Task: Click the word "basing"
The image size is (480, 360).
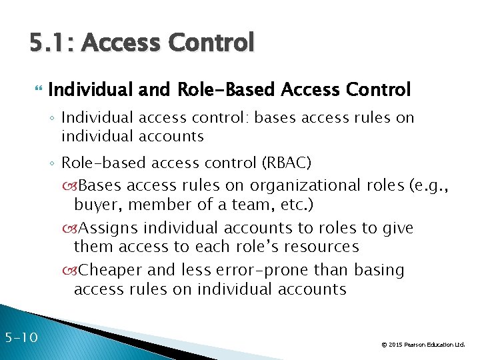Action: point(381,270)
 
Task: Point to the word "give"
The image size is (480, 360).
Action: point(397,228)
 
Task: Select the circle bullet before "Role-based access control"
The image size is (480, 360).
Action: point(53,163)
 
